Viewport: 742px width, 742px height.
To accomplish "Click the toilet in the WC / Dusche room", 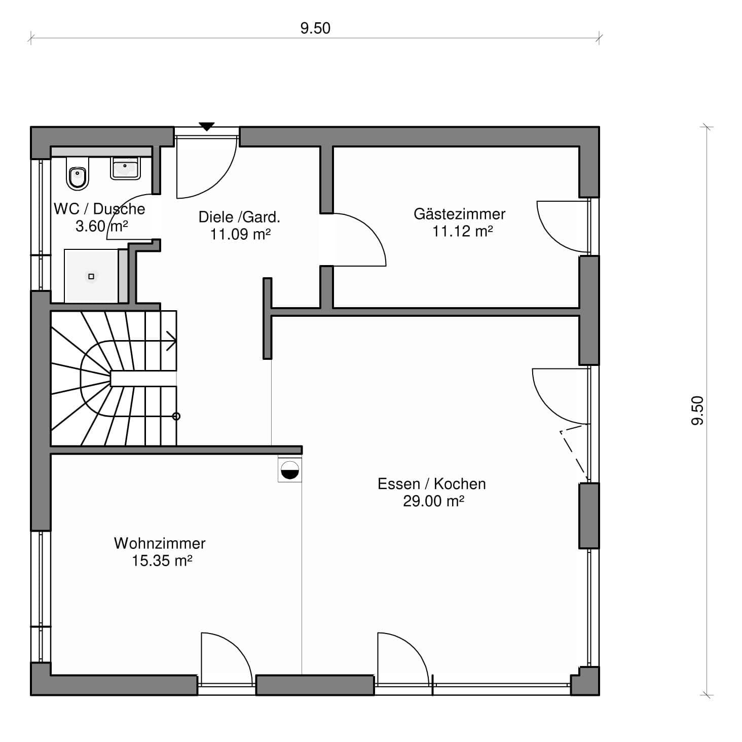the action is [x=78, y=174].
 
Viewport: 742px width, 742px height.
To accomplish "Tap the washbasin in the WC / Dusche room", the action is [x=125, y=168].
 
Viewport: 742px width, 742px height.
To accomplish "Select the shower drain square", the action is [x=91, y=276].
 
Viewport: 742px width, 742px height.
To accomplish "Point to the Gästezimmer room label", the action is [x=459, y=214].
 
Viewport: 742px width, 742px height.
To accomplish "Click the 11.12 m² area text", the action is [x=462, y=232].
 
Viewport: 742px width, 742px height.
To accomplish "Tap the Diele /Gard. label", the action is [x=239, y=217].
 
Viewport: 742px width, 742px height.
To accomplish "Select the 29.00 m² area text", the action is [x=433, y=501].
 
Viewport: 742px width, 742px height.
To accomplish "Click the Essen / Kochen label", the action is [x=431, y=484].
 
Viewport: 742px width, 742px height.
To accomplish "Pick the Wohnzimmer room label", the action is [x=160, y=543].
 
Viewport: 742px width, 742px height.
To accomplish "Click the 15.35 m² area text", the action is [x=162, y=561].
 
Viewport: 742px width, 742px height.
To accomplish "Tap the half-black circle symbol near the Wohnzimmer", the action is [x=289, y=470].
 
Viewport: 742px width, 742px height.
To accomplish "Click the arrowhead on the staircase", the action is [x=171, y=341].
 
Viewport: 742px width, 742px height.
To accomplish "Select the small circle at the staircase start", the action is [x=176, y=416].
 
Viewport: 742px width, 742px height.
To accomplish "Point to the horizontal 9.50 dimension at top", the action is [x=315, y=38].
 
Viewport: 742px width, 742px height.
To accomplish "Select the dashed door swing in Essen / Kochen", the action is [x=574, y=454].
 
